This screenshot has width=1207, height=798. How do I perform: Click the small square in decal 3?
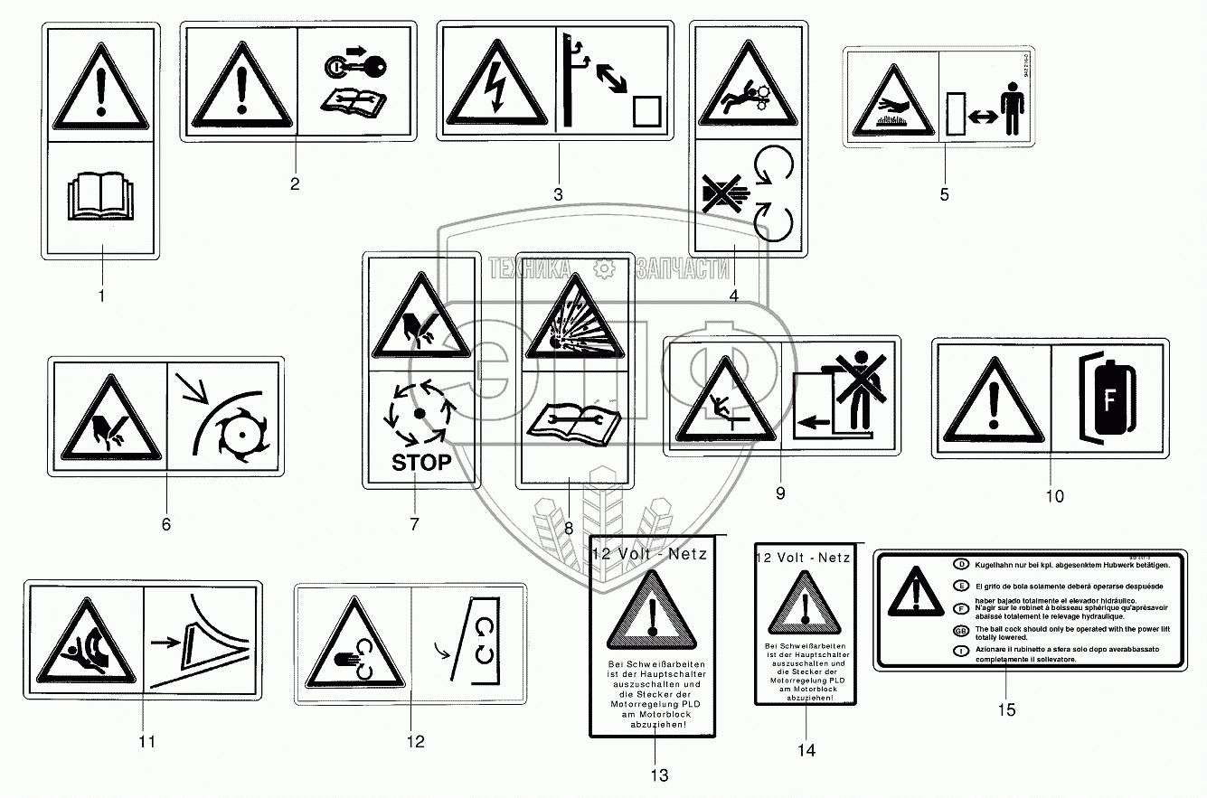coord(646,111)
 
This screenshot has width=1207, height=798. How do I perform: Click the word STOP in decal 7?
coord(420,463)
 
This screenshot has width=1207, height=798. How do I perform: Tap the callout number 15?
coord(1006,710)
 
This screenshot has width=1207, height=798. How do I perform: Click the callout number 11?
coord(146,742)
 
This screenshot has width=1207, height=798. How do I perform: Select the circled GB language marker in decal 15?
coord(961,629)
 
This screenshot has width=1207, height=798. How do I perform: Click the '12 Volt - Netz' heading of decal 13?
coord(648,554)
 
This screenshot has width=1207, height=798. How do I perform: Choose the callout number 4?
coord(733,296)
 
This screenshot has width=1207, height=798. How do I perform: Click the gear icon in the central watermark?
coord(603,268)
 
